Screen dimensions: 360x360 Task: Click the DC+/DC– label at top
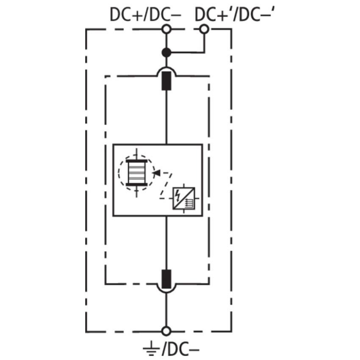point(146,15)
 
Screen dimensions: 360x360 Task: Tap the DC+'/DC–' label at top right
point(235,15)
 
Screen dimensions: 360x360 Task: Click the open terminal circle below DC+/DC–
point(166,29)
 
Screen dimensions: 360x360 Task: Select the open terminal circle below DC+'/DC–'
point(204,29)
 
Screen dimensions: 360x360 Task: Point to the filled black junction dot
point(166,53)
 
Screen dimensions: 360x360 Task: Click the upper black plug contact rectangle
point(166,81)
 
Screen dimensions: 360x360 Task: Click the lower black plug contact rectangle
point(166,279)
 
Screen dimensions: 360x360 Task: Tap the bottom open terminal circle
point(166,331)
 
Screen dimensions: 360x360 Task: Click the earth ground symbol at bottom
point(151,349)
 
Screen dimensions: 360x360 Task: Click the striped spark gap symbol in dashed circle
point(137,173)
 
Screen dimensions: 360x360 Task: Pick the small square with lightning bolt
point(184,198)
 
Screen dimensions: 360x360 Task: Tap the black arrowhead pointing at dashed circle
point(157,173)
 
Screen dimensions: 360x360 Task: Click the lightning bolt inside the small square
point(177,196)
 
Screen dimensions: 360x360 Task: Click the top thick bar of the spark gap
point(137,161)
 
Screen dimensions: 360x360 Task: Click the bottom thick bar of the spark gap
point(137,184)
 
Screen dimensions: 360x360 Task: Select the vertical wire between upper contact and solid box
point(166,117)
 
